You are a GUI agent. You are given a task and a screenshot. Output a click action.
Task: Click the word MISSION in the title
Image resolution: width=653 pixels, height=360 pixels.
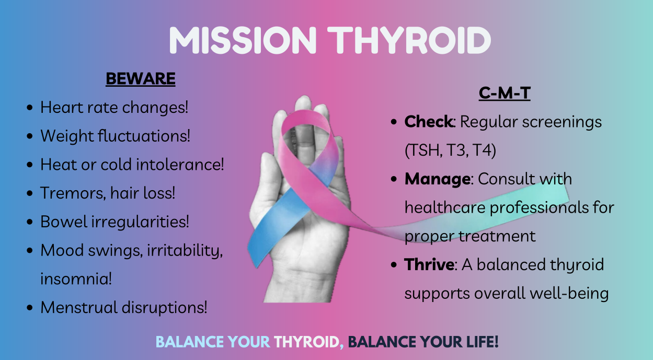pos(243,40)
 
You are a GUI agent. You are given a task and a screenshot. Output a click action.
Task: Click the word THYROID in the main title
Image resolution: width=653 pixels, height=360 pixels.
pos(409,40)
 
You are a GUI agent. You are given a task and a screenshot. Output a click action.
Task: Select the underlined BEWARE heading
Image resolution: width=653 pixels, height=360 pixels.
pos(141,79)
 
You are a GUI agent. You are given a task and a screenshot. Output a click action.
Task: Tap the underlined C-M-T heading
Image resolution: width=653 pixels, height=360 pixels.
pos(505,93)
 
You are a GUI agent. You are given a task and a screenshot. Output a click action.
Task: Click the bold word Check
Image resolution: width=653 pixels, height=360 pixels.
pos(429,121)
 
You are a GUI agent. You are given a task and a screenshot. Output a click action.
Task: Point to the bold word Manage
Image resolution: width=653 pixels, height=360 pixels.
pos(437,179)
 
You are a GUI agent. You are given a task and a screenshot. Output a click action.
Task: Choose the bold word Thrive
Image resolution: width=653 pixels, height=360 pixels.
pos(429,264)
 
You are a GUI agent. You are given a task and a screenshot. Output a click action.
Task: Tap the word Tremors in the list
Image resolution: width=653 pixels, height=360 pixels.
pos(73,193)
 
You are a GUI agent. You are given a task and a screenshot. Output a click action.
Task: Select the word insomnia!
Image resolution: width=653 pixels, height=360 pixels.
pos(76,278)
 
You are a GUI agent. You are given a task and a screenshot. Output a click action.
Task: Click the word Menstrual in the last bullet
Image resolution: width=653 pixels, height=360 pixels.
pos(78,307)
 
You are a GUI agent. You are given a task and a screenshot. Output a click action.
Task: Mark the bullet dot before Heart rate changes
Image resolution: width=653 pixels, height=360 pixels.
pos(29,108)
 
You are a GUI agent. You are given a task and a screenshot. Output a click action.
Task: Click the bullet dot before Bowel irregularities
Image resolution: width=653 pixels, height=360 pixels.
pos(29,222)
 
